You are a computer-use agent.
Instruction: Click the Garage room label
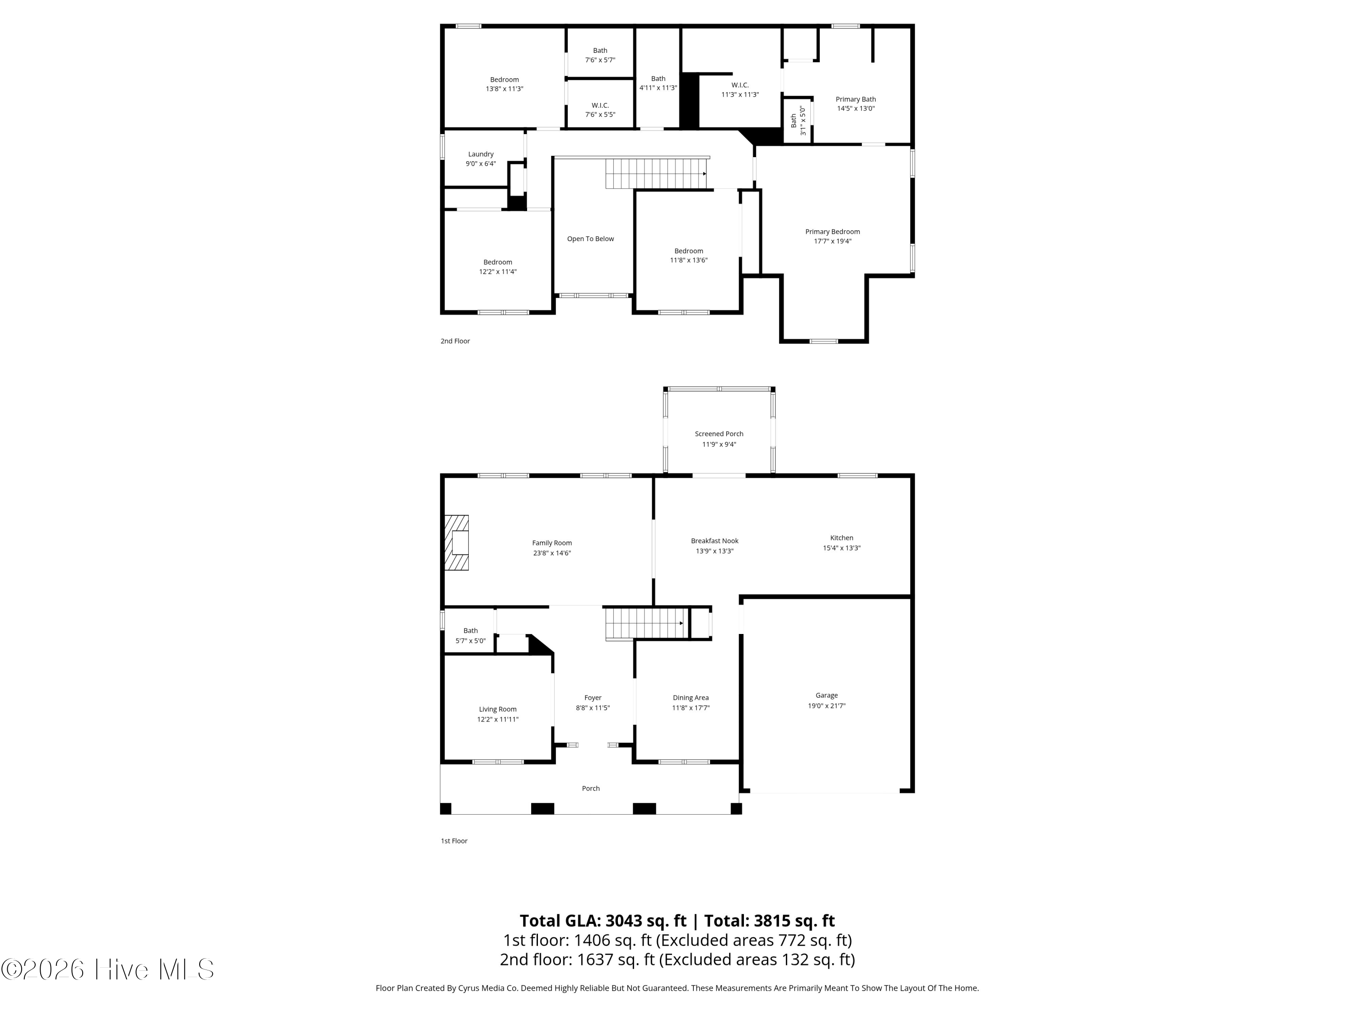coord(827,695)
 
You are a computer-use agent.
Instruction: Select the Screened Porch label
coord(719,433)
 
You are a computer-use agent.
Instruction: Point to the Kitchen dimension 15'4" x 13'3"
coord(841,548)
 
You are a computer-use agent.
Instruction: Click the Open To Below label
coord(590,239)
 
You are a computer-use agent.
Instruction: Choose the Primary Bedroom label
coord(832,232)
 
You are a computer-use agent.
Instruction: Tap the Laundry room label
coord(481,154)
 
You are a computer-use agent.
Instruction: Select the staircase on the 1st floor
coord(645,624)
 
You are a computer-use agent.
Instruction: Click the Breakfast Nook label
coord(715,541)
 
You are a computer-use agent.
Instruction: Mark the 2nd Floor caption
coord(455,341)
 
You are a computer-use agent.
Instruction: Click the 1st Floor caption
coord(454,841)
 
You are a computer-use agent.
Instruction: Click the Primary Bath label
coord(856,99)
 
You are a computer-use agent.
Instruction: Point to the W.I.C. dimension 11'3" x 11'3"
coord(740,94)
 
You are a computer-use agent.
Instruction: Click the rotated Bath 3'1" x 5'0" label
coord(798,121)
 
